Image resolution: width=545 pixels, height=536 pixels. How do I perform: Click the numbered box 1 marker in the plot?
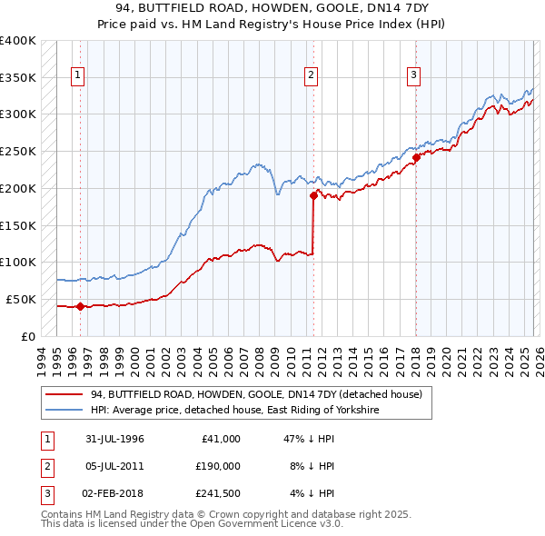[x=80, y=75]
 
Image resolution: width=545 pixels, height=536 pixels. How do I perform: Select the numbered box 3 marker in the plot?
[x=413, y=75]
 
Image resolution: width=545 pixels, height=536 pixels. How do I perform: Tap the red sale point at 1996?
[x=80, y=306]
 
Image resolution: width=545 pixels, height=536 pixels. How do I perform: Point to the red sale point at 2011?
[x=313, y=194]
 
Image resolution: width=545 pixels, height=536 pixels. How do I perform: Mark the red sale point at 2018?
[x=416, y=157]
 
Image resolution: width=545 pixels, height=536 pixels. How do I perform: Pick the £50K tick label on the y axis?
[x=22, y=299]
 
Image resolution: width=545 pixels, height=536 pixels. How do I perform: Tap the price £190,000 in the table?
[x=217, y=466]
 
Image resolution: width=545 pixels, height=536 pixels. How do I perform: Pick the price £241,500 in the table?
[x=217, y=493]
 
